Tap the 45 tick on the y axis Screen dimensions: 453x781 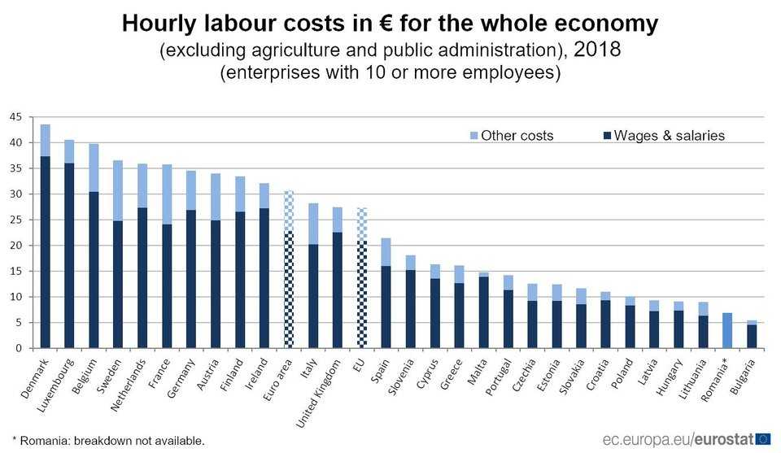[x=15, y=117]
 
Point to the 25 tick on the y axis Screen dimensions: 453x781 [x=15, y=220]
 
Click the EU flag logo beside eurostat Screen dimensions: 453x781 [x=764, y=439]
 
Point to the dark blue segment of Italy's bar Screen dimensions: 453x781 [x=313, y=296]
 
